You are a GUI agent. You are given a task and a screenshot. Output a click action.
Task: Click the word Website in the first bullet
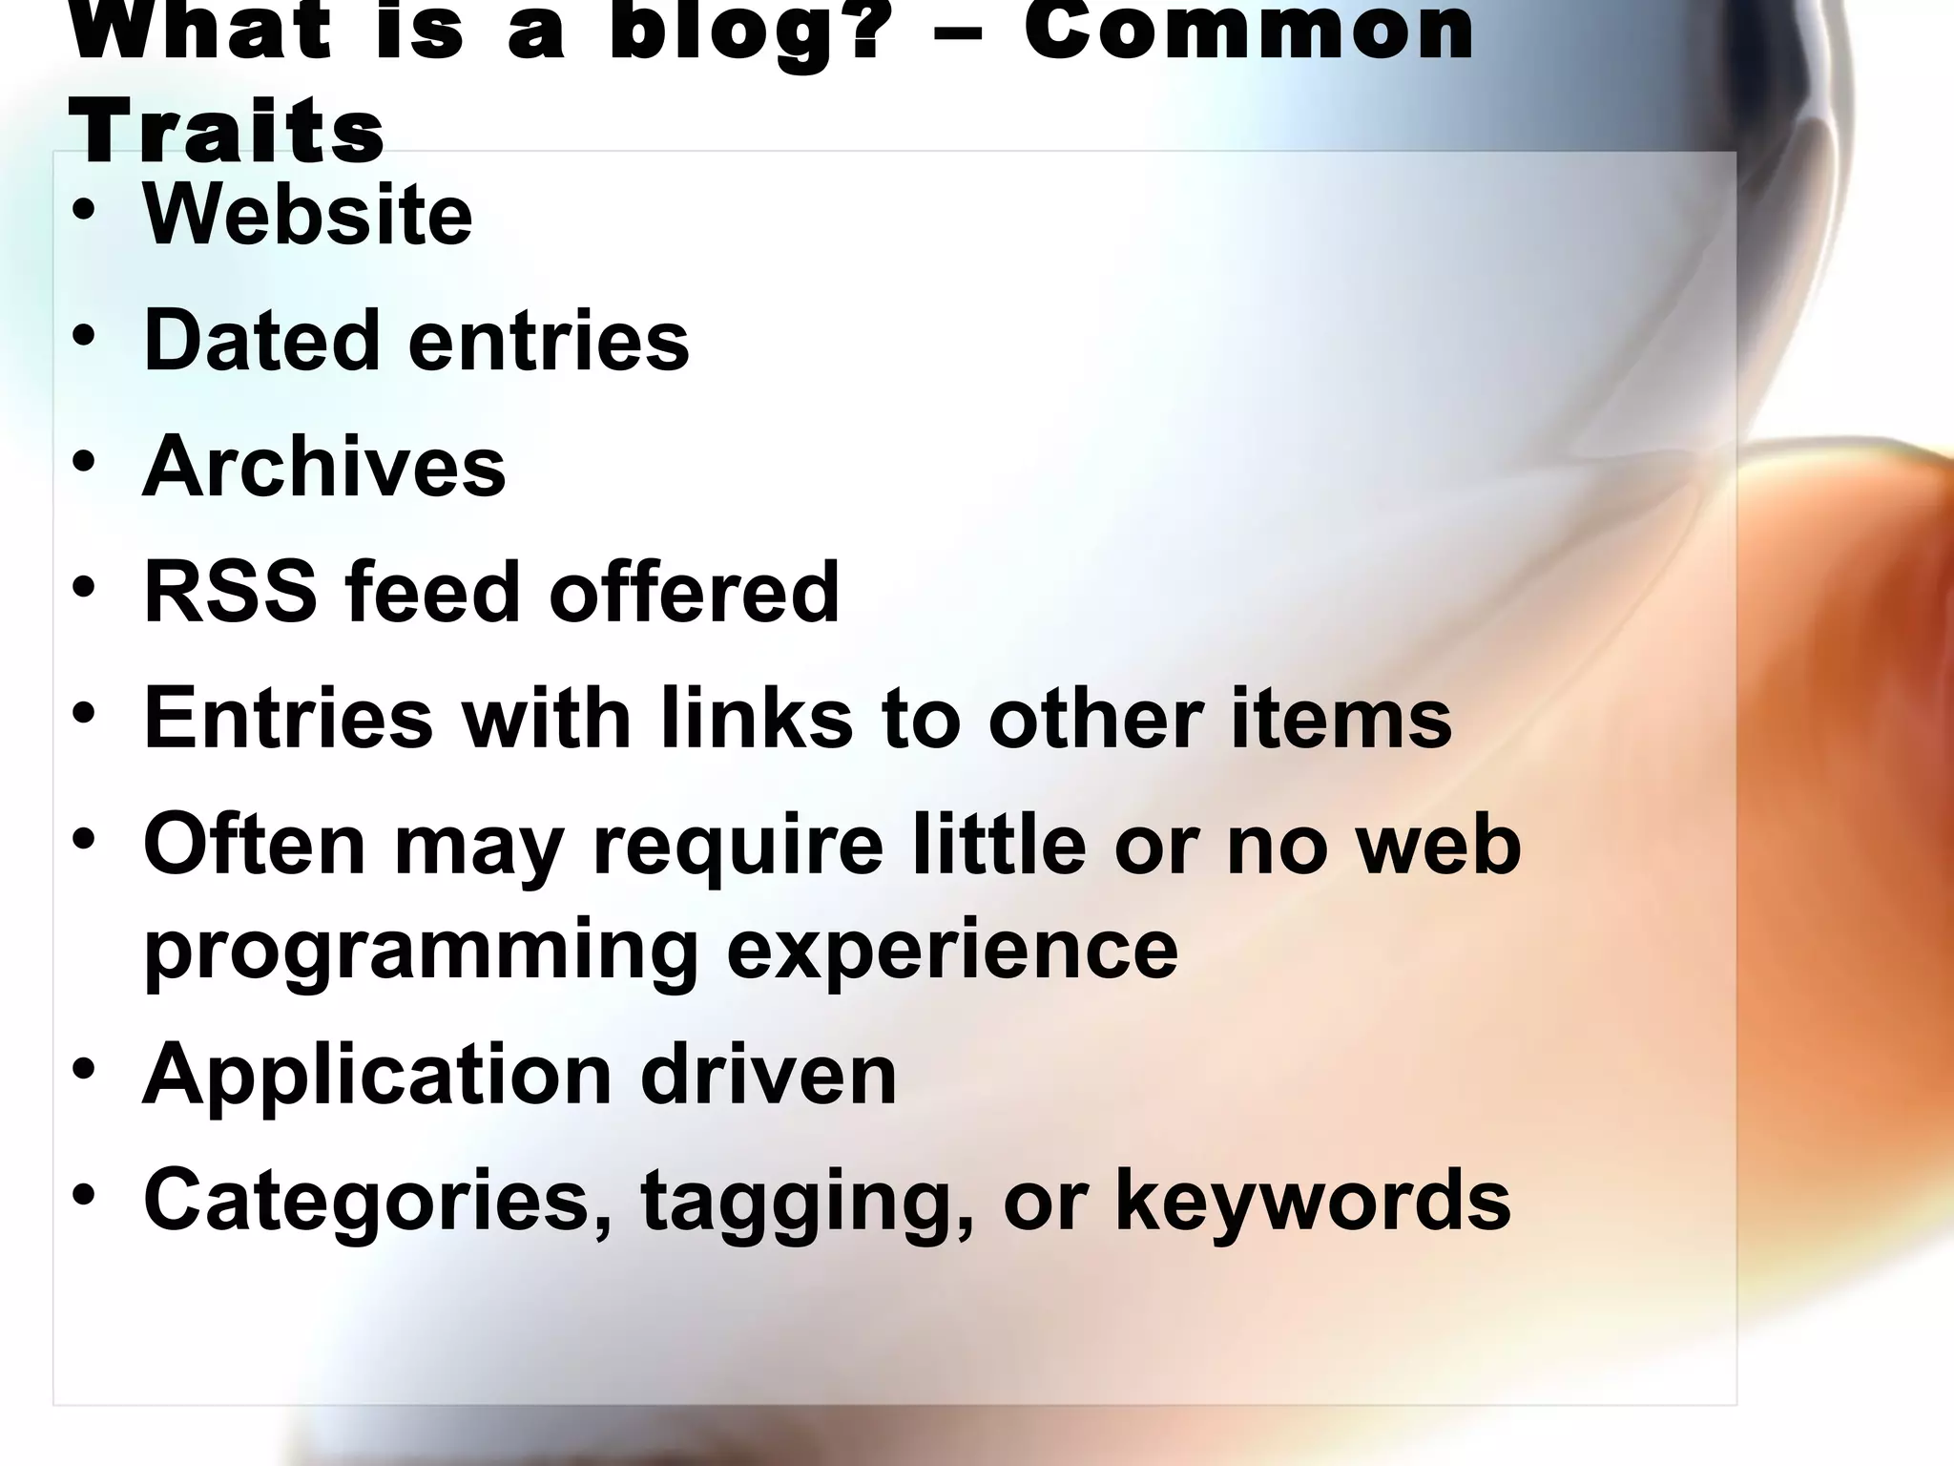pyautogui.click(x=307, y=215)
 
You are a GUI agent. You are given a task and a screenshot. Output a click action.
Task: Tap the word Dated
pyautogui.click(x=260, y=341)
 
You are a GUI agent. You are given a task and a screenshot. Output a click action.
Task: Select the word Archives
pyautogui.click(x=323, y=467)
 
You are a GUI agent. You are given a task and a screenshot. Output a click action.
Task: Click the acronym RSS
pyautogui.click(x=230, y=593)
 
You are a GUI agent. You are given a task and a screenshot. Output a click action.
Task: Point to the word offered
pyautogui.click(x=694, y=593)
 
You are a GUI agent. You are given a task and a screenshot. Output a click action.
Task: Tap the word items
pyautogui.click(x=1341, y=719)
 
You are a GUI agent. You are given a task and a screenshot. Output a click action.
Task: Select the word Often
pyautogui.click(x=255, y=845)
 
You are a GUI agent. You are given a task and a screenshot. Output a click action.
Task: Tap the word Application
pyautogui.click(x=377, y=1077)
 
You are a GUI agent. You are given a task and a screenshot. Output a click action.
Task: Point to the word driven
pyautogui.click(x=768, y=1075)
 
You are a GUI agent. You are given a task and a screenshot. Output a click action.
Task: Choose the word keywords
pyautogui.click(x=1313, y=1201)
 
